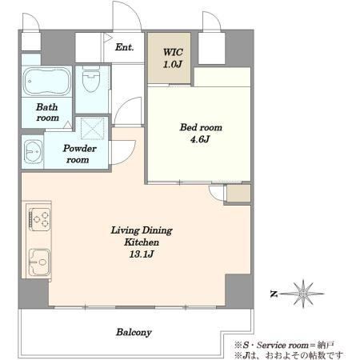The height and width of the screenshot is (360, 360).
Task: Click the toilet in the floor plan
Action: click(x=91, y=78)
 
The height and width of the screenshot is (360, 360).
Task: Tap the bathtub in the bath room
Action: click(x=46, y=81)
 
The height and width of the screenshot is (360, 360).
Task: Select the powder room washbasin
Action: click(x=33, y=152)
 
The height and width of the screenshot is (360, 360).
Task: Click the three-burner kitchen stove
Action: click(x=40, y=219)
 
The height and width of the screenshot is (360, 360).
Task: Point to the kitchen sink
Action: click(x=39, y=262)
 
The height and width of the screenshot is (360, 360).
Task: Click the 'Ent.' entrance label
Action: click(x=124, y=47)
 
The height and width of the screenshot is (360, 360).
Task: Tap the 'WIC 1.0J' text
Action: click(x=173, y=58)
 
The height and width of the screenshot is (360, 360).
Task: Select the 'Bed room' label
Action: click(x=201, y=127)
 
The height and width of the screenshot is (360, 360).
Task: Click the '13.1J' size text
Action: click(x=142, y=254)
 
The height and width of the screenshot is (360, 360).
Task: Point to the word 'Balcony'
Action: click(x=134, y=332)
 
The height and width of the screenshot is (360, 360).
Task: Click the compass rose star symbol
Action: click(x=303, y=294)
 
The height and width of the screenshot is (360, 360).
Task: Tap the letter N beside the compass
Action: click(x=274, y=294)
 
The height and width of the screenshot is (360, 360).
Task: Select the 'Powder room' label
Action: click(x=79, y=154)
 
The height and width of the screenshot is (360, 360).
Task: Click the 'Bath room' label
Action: click(x=47, y=112)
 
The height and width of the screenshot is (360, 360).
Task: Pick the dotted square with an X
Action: click(x=92, y=129)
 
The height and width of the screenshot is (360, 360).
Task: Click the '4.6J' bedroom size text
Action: click(x=200, y=139)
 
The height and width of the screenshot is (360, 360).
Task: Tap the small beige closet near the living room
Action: click(x=238, y=193)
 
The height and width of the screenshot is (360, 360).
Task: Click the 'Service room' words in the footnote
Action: click(x=282, y=346)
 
